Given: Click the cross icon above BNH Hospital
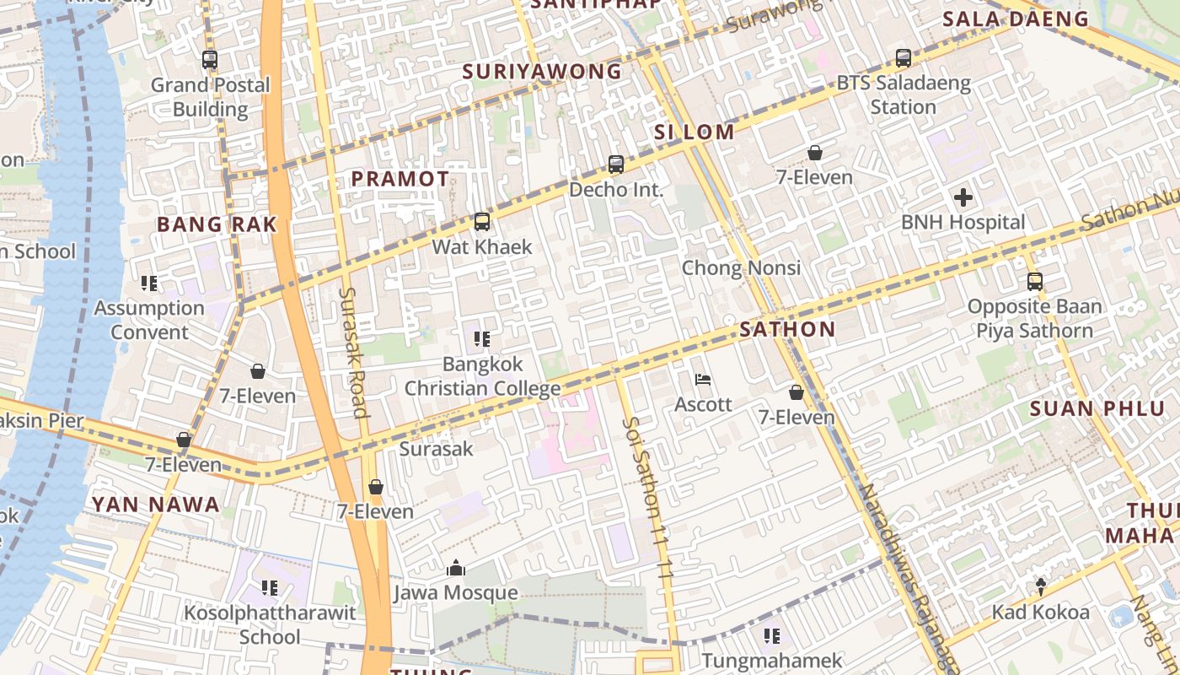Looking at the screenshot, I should (963, 198).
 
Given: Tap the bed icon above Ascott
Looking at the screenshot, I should (703, 380).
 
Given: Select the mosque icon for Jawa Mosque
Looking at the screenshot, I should (456, 568).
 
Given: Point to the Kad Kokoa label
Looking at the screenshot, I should (1040, 612).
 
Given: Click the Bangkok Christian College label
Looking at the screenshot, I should (482, 376).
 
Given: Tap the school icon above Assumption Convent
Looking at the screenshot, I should (149, 283).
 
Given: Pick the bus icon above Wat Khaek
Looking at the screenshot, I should (482, 222).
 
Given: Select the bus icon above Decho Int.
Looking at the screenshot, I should (616, 165).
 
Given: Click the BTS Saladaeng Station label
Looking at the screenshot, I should (904, 95).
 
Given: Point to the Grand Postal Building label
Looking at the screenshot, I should (210, 97).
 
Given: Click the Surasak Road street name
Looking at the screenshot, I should (353, 352).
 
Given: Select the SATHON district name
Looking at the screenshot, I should (787, 330).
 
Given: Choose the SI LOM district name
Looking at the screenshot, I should (695, 132).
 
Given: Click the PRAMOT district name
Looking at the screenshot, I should (400, 179).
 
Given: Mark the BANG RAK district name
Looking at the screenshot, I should (217, 224).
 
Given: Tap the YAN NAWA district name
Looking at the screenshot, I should (155, 505).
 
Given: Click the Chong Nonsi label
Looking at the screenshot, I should (741, 268).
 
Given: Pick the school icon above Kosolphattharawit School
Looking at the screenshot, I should (270, 587).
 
